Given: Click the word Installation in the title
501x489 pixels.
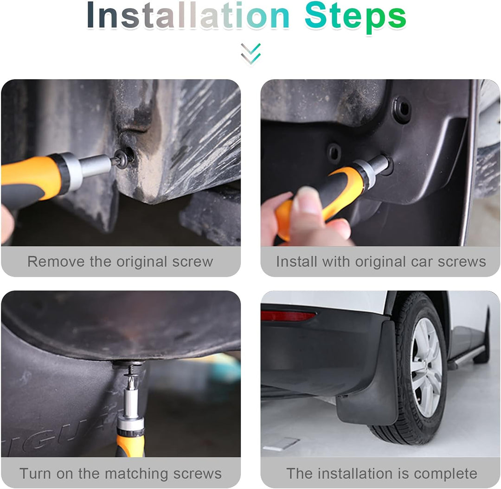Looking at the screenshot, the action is pos(188,16).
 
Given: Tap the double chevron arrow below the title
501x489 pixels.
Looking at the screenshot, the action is pos(251,54).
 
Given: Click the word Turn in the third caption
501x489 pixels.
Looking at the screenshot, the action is pos(35,474).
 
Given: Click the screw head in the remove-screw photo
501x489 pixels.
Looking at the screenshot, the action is pos(122,159).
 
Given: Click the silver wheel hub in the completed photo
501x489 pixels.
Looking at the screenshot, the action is pos(426,367).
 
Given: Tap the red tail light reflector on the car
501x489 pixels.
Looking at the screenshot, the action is pos(288,315).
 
